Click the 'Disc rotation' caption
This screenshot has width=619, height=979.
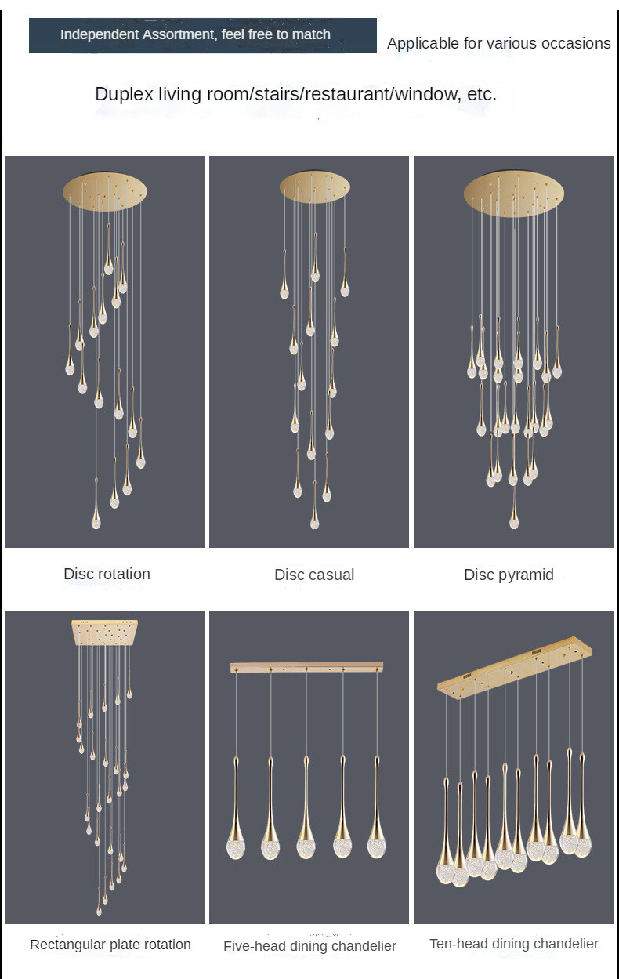point(107,574)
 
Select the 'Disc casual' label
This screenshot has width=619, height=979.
point(314,575)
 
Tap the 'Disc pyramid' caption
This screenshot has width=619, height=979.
point(509,575)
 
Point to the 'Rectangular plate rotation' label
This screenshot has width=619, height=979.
point(110,945)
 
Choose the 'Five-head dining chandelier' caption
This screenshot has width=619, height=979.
point(309,946)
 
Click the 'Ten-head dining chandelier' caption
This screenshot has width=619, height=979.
point(513,944)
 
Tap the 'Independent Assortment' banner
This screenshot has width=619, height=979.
point(202,35)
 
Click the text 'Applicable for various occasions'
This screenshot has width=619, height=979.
point(498,43)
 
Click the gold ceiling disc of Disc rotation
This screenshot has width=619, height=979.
point(105,190)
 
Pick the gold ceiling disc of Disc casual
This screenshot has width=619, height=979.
point(313,188)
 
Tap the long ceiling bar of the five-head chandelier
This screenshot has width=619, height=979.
point(306,668)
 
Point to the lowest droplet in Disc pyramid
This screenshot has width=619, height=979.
point(514,519)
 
